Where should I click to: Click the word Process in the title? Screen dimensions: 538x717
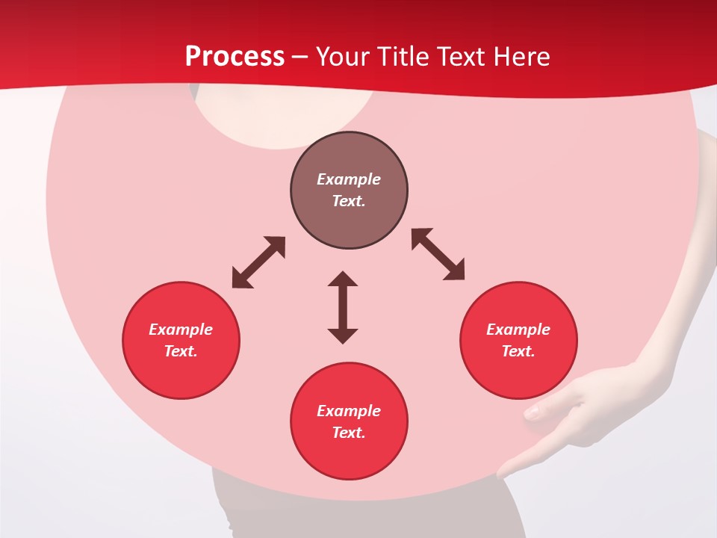(x=235, y=56)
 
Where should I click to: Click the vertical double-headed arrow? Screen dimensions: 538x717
(x=343, y=307)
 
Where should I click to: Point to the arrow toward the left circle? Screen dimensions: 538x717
(x=258, y=262)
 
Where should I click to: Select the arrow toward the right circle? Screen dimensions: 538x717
(x=438, y=254)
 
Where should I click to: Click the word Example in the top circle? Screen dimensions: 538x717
(x=349, y=179)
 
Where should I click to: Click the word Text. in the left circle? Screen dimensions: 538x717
(x=181, y=351)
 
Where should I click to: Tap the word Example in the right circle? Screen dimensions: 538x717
(x=518, y=330)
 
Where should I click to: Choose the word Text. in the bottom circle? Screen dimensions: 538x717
(x=349, y=433)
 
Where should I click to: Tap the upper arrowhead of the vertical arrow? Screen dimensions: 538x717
(x=343, y=279)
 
